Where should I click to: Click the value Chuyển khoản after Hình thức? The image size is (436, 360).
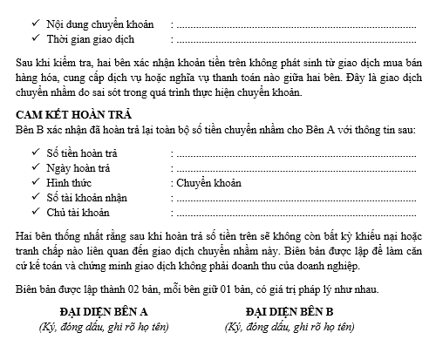(208, 183)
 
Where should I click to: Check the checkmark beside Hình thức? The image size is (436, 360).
(34, 183)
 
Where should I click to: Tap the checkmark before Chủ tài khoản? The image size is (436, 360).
(34, 213)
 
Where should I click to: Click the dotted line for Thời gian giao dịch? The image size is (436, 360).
(296, 40)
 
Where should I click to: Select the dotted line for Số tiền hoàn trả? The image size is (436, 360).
(296, 154)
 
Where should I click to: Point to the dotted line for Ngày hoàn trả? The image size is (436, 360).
(296, 169)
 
